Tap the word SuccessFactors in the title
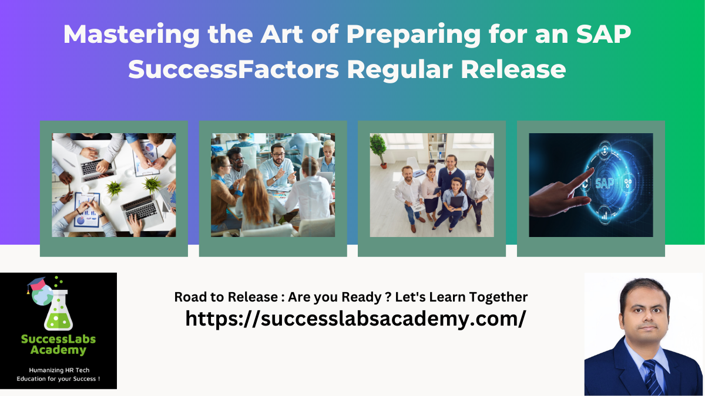pos(234,69)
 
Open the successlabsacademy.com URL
pos(355,318)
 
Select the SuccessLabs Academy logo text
pos(58,344)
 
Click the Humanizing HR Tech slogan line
pos(58,370)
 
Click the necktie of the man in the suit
pos(650,376)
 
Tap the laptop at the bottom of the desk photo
pos(140,208)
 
